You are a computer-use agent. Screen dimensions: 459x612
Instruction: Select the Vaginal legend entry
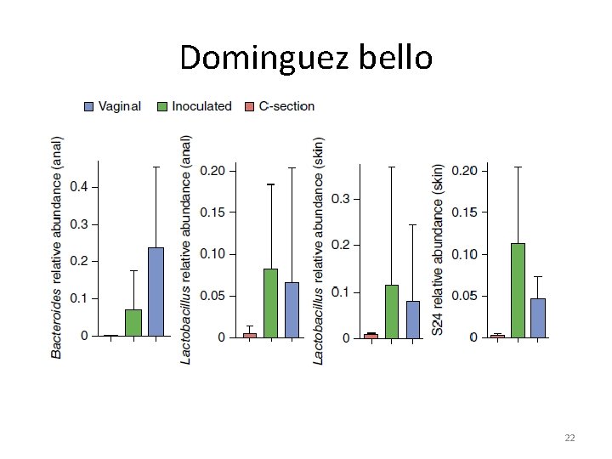[x=112, y=106]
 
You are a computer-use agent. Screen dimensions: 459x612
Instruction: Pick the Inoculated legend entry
[x=194, y=106]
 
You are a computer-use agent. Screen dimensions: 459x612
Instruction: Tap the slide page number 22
[x=569, y=438]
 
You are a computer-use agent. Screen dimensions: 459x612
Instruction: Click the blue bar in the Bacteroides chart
[x=156, y=292]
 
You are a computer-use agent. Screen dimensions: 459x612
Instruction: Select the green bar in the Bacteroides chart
[x=133, y=322]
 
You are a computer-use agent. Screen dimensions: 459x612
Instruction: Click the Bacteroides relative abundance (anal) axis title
[x=57, y=246]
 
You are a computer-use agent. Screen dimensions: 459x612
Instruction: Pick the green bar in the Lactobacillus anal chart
[x=270, y=303]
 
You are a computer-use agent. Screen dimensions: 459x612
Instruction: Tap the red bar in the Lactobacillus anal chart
[x=249, y=335]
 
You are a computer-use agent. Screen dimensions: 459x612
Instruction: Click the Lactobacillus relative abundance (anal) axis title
[x=186, y=250]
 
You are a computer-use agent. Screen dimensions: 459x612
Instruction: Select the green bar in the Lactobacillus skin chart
[x=392, y=311]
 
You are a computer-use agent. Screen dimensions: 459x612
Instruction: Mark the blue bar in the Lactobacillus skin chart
[x=413, y=320]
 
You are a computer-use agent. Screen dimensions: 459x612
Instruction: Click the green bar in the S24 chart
[x=518, y=290]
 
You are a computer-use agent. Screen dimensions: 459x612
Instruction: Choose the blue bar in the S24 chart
[x=538, y=317]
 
